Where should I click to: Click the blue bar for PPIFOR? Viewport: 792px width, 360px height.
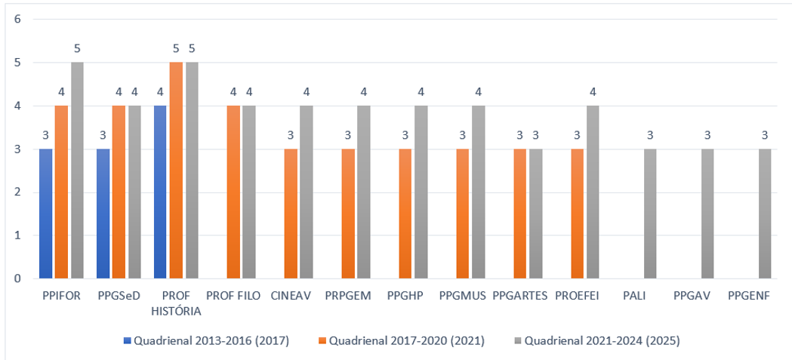46,214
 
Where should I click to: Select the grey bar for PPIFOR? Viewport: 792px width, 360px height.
77,171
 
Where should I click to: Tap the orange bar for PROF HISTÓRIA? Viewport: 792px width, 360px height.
176,171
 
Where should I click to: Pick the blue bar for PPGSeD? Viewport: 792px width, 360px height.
103,214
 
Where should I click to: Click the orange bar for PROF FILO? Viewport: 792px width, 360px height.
233,192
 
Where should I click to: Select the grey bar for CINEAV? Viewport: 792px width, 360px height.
306,192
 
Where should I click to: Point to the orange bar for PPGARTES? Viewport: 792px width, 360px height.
519,214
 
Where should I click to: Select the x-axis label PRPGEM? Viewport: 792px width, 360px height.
348,297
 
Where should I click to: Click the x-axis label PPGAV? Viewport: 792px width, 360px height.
692,297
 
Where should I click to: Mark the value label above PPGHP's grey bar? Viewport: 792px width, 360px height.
421,92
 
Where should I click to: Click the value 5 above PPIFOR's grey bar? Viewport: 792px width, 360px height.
77,49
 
